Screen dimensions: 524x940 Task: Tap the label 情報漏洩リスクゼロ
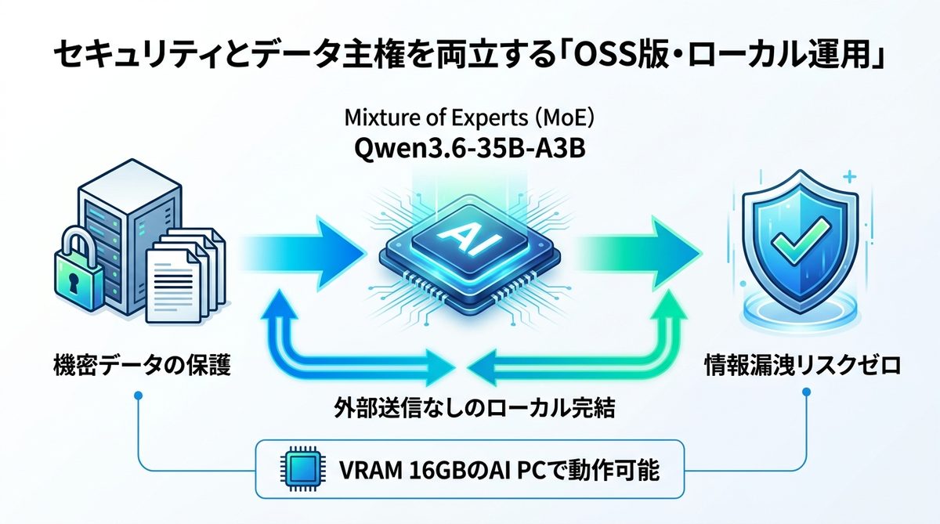click(x=800, y=365)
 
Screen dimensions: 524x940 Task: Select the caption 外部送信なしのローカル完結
click(x=469, y=407)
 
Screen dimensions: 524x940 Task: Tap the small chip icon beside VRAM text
click(x=298, y=471)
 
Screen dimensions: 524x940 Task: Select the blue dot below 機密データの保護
click(x=138, y=397)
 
